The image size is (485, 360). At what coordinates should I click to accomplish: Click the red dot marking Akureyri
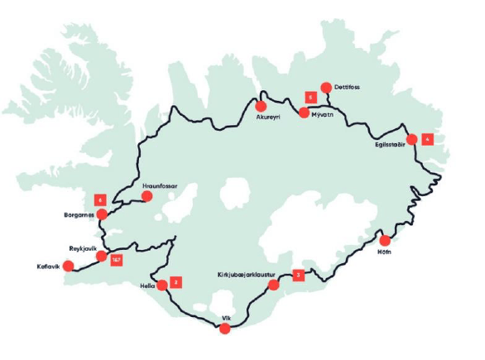click(x=261, y=106)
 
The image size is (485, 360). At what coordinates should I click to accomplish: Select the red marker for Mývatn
click(x=304, y=112)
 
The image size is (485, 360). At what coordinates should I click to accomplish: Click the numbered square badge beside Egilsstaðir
click(x=427, y=139)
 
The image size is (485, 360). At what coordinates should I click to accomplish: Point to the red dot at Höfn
click(x=384, y=241)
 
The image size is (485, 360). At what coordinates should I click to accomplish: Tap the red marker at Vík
click(x=224, y=329)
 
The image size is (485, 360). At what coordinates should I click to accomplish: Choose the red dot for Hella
click(x=162, y=286)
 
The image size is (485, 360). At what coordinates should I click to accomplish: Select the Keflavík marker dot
click(x=69, y=266)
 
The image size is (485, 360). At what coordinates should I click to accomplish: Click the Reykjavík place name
click(x=85, y=247)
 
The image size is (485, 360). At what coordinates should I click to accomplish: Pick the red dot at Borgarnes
click(x=102, y=214)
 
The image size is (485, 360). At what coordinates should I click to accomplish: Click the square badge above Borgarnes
click(x=101, y=199)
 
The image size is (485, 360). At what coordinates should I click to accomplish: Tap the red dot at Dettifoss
click(x=325, y=88)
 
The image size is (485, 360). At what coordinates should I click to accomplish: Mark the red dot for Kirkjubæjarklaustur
click(x=275, y=286)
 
